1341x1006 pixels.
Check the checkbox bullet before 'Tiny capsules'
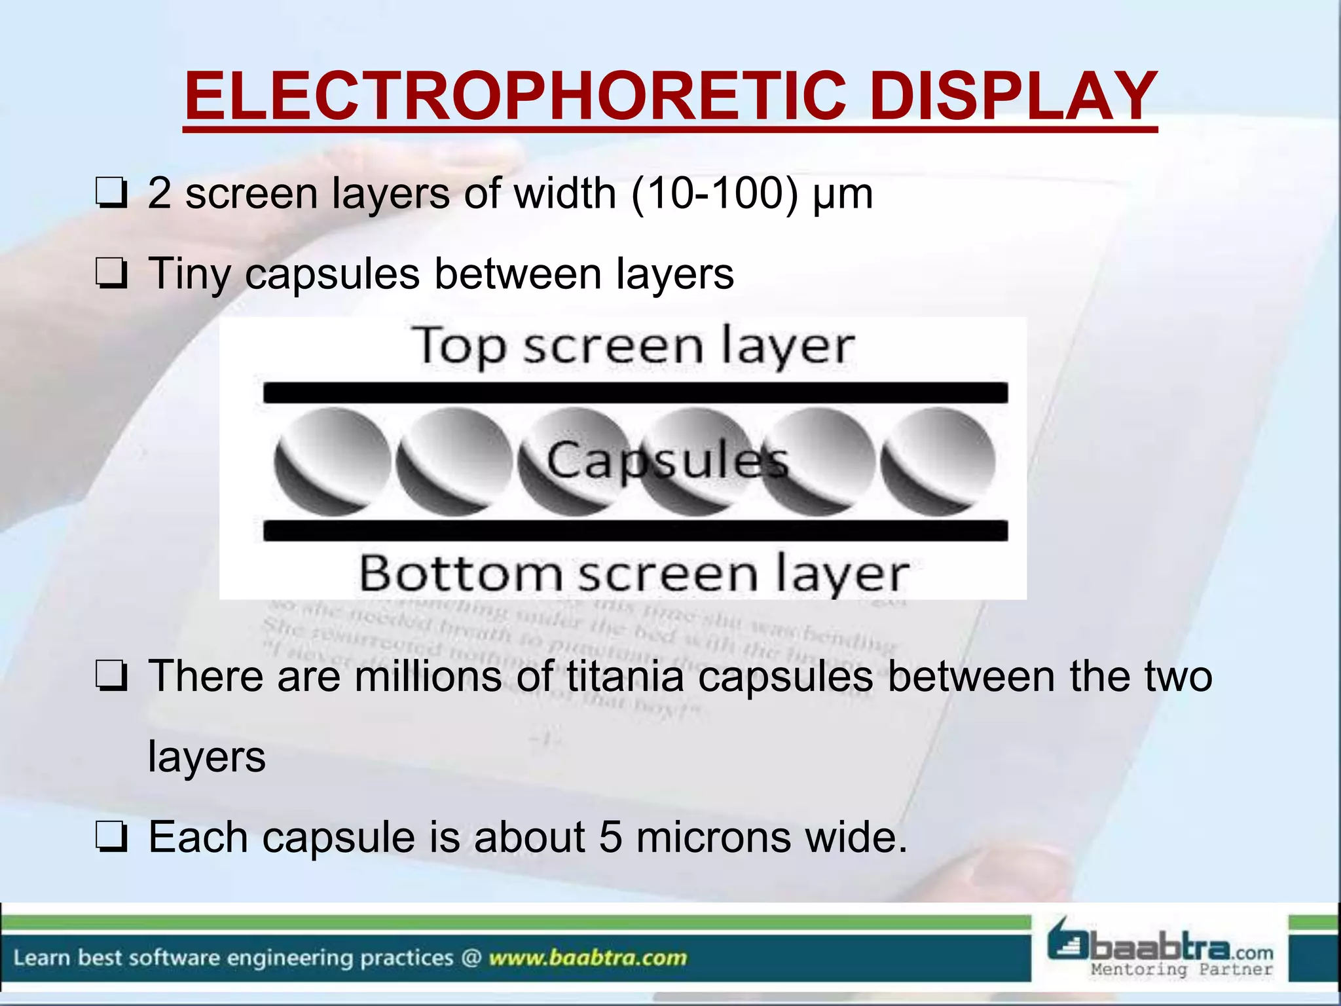click(x=111, y=274)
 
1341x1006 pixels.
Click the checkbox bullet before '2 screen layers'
click(x=111, y=195)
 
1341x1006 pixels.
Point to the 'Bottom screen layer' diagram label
click(x=634, y=574)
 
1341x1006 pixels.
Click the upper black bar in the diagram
click(x=635, y=393)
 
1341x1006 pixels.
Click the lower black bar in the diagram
click(x=635, y=531)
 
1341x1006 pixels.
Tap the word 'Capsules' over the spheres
click(x=667, y=460)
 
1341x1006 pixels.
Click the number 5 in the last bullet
click(x=610, y=837)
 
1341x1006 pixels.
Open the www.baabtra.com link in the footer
click(x=587, y=958)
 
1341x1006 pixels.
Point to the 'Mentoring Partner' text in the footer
click(x=1181, y=969)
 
